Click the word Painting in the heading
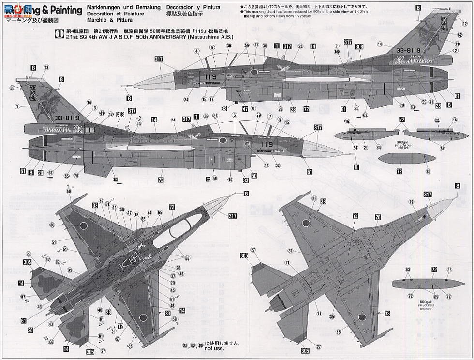(62, 11)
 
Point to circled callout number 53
(12, 88)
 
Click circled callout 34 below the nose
(186, 100)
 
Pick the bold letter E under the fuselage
(208, 179)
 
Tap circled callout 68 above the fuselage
(337, 52)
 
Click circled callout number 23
(300, 46)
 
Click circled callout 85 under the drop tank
(422, 296)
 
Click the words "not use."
(214, 348)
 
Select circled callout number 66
(51, 342)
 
